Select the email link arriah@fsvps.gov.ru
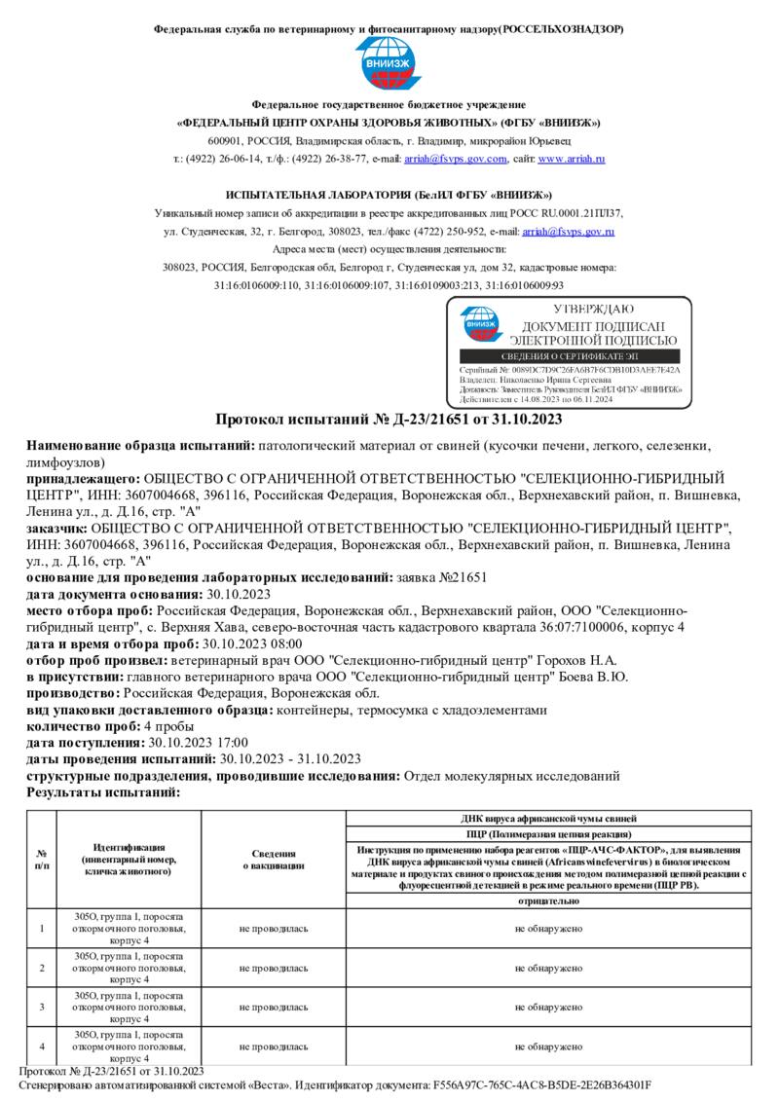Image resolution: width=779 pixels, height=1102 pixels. click(568, 232)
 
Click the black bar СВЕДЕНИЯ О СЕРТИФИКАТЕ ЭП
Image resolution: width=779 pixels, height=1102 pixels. click(569, 357)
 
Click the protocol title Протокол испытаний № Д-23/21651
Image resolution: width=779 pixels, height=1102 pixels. click(389, 420)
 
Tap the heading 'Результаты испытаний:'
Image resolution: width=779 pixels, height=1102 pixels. click(103, 792)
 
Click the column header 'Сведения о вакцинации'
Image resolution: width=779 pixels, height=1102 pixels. click(274, 859)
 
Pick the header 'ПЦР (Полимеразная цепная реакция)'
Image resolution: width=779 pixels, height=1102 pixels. click(549, 834)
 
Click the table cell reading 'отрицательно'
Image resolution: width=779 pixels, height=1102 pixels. click(549, 901)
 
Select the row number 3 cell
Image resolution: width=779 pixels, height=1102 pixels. click(42, 1007)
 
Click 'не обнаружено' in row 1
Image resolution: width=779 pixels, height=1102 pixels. click(549, 929)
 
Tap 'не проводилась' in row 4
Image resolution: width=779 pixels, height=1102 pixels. click(274, 1047)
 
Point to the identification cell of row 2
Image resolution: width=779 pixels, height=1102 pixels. click(129, 968)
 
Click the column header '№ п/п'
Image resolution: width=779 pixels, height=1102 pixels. click(42, 859)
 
